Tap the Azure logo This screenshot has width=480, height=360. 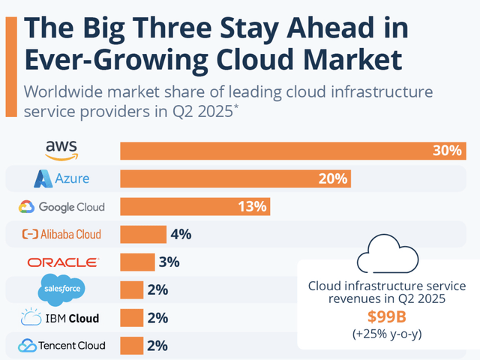(x=62, y=178)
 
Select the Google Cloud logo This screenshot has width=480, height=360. (x=62, y=207)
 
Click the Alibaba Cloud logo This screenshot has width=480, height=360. (x=62, y=235)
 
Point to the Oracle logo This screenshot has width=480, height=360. (x=62, y=262)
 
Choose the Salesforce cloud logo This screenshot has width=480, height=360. (x=62, y=289)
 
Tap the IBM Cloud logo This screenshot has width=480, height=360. (x=62, y=318)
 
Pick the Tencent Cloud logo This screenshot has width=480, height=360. (x=62, y=346)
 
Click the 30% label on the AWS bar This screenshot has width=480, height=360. (x=446, y=151)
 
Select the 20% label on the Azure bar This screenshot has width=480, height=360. (x=331, y=178)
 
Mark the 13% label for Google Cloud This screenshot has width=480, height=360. (x=252, y=207)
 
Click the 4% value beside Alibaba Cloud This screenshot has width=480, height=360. (x=181, y=235)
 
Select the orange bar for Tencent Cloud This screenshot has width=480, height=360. (x=132, y=346)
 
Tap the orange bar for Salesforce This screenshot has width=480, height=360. (x=132, y=290)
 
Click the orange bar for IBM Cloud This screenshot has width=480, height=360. (x=132, y=318)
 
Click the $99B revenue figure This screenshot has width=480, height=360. (x=387, y=316)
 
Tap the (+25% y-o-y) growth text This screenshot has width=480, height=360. (x=387, y=333)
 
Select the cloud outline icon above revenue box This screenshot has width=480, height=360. (x=387, y=256)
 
